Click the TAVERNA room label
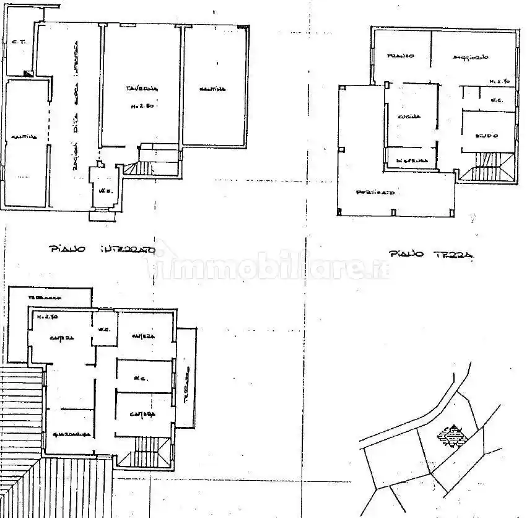[142, 89]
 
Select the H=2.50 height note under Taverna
[142, 105]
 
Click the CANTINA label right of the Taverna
[212, 89]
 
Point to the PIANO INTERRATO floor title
[100, 249]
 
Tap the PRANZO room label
[401, 56]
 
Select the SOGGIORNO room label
[470, 57]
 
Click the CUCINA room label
[409, 116]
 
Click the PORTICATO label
[375, 193]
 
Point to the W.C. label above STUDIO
[495, 100]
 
